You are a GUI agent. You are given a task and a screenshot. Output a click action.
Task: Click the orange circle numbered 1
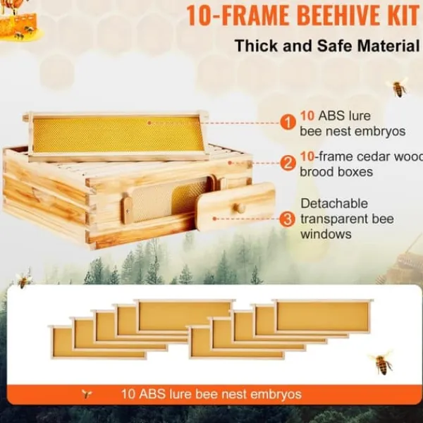288,123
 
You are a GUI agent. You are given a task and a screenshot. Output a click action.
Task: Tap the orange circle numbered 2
288,164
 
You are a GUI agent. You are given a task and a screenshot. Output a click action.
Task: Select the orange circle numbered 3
288,219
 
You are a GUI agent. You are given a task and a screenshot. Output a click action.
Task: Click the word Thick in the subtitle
257,46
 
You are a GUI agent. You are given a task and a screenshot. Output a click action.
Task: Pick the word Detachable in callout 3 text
334,204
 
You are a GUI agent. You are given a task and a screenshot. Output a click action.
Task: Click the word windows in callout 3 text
326,234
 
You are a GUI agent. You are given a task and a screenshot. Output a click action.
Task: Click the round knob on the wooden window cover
240,208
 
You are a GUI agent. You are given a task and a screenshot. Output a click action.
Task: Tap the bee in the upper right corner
398,87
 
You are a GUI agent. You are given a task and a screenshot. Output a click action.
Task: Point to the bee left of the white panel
23,278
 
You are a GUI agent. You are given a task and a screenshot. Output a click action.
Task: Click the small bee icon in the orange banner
87,394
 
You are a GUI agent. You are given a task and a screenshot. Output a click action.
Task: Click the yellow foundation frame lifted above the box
116,135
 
